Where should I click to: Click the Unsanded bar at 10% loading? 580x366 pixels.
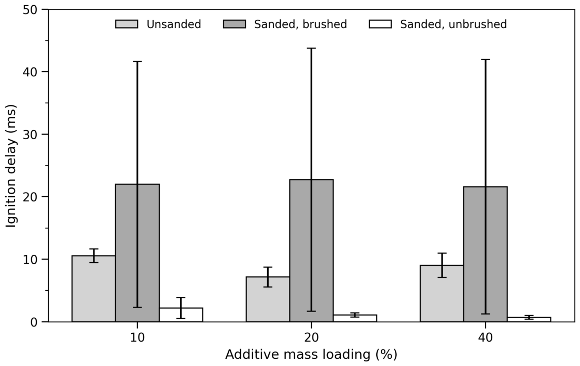[x=93, y=289]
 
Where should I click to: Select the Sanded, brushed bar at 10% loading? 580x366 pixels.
[x=137, y=253]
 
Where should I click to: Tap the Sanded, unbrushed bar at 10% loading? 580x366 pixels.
[x=181, y=315]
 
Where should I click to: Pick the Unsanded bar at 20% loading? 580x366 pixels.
[x=268, y=300]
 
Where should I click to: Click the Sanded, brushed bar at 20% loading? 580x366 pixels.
[x=311, y=251]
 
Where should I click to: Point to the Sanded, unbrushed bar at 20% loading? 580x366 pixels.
[x=355, y=318]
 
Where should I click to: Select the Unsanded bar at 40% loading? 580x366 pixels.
[x=441, y=293]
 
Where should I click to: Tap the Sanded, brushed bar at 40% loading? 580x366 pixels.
[x=485, y=254]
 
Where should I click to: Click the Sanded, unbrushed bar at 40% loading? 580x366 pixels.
[x=529, y=319]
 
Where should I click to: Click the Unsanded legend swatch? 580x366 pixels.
[x=127, y=24]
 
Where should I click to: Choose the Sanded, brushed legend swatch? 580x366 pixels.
[x=234, y=24]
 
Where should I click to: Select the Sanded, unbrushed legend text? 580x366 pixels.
[x=453, y=24]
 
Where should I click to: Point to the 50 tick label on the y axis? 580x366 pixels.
[x=30, y=9]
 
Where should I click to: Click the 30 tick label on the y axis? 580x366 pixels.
[x=30, y=134]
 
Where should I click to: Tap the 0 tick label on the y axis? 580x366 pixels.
[x=34, y=322]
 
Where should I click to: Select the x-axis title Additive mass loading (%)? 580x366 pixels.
[x=311, y=355]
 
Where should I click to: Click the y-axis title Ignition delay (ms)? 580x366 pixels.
[x=11, y=166]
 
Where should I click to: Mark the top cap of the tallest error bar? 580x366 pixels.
[x=311, y=48]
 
